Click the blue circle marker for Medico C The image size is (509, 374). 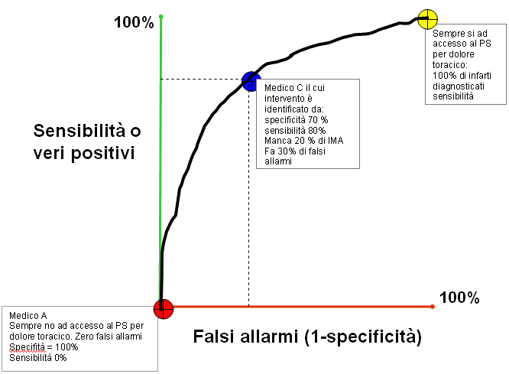click(x=250, y=80)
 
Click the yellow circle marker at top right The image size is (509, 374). click(x=428, y=18)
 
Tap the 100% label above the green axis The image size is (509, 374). click(x=134, y=23)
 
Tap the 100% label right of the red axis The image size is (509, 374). click(x=459, y=298)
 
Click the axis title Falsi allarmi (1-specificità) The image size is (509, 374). click(x=307, y=336)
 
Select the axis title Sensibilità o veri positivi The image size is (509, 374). click(x=87, y=141)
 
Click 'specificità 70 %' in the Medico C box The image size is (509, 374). click(x=296, y=120)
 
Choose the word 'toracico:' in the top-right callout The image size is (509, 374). click(x=450, y=66)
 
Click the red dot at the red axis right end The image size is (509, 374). click(x=433, y=307)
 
